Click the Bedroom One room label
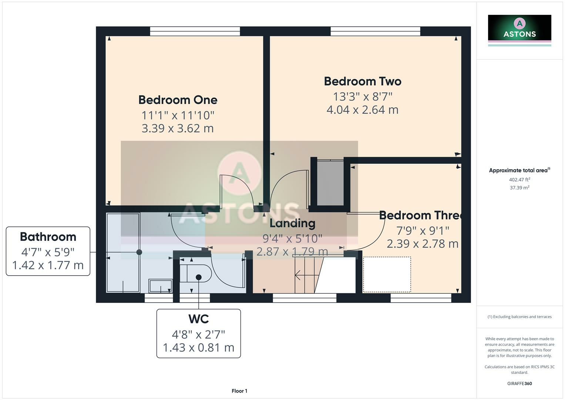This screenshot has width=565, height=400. point(178,100)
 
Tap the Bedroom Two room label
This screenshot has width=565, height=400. point(363,81)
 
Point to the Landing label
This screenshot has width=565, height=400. point(292,223)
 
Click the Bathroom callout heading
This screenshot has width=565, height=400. point(48,237)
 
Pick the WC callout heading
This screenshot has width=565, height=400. point(199,319)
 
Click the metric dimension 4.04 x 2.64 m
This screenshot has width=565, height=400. point(363,110)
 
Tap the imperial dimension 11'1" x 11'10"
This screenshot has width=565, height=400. point(178,115)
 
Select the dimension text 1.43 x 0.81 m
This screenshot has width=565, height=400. point(199,348)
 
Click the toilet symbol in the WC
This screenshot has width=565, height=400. point(195,274)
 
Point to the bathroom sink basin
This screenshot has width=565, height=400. point(160,286)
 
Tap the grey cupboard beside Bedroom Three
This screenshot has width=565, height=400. point(330,183)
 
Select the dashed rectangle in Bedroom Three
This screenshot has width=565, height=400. point(387,274)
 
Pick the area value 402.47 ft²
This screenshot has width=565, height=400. point(519,180)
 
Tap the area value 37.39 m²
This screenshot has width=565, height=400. point(519,188)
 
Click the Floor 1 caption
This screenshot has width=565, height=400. point(239,391)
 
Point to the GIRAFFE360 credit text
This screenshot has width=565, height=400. point(519,384)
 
